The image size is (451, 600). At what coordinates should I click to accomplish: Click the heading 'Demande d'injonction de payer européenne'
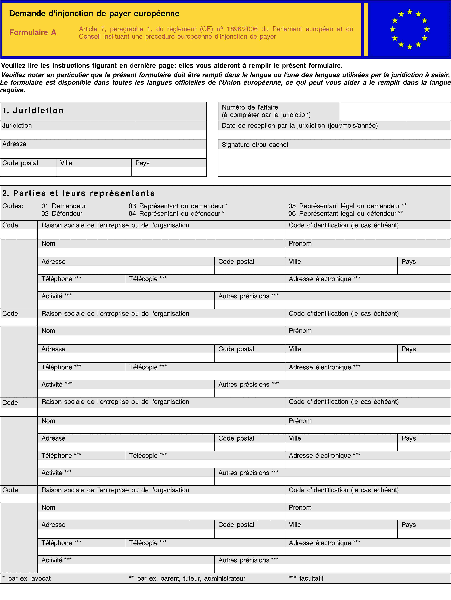[x=94, y=14]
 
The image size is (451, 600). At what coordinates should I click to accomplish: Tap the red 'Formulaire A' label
[x=33, y=33]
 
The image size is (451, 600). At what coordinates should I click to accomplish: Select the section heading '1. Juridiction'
[x=33, y=111]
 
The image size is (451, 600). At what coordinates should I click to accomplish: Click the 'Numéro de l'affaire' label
[x=250, y=107]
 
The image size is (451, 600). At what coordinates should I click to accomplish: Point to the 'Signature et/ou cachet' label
[x=255, y=145]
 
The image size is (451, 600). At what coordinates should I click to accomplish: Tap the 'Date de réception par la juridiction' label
[x=299, y=126]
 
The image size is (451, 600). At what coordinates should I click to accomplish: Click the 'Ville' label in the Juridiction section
[x=66, y=163]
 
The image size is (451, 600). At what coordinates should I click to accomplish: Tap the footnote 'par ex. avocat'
[x=29, y=579]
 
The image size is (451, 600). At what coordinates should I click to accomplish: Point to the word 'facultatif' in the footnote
[x=311, y=579]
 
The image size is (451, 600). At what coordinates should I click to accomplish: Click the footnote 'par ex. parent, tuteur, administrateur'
[x=191, y=579]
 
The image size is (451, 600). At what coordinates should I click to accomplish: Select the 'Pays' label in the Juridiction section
[x=142, y=163]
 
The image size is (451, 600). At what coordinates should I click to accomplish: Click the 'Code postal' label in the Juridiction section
[x=20, y=163]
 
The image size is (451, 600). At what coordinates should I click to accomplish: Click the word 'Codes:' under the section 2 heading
[x=13, y=206]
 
